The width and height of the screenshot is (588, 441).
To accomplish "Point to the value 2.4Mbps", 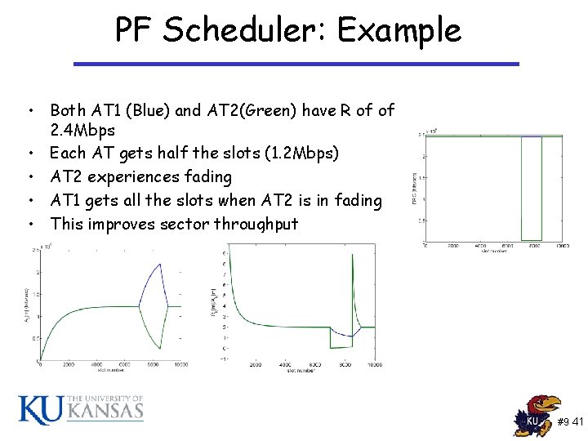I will pyautogui.click(x=82, y=131).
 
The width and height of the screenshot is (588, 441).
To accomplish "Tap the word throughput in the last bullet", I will pyautogui.click(x=256, y=224).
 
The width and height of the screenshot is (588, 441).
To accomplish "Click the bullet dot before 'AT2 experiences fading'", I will pyautogui.click(x=29, y=176).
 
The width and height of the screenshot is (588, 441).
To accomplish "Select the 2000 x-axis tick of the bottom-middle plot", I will pyautogui.click(x=256, y=365).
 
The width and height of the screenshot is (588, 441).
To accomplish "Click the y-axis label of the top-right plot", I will pyautogui.click(x=415, y=187).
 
